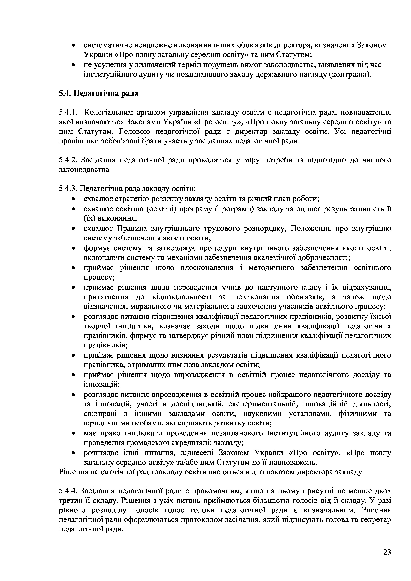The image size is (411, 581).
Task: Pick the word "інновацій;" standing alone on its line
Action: click(x=102, y=384)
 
